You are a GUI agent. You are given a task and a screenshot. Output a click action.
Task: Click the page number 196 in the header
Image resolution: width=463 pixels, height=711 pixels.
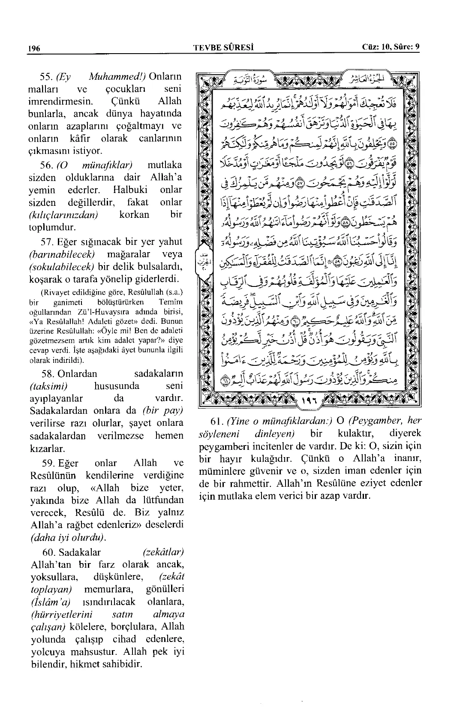coord(34,48)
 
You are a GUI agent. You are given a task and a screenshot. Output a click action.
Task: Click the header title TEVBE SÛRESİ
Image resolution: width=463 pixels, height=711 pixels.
coord(224,48)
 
